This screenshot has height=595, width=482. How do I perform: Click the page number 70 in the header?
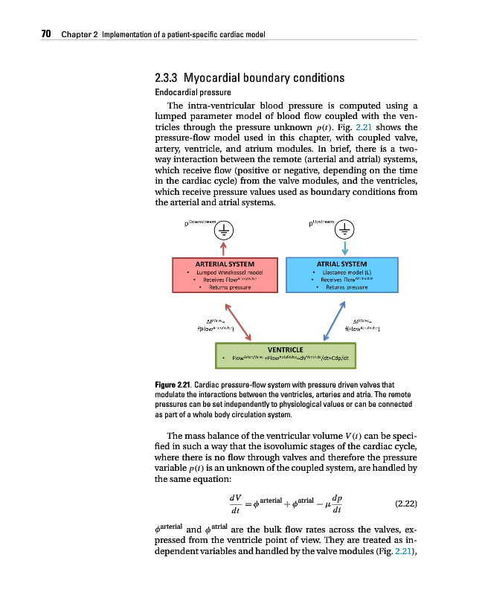tap(45, 34)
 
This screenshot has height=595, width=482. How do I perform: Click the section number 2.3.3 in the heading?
tap(167, 78)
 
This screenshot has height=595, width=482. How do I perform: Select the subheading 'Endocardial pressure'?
tap(189, 93)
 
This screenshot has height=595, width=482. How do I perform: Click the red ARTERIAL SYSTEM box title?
tap(225, 263)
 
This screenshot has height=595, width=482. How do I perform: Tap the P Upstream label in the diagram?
tap(321, 221)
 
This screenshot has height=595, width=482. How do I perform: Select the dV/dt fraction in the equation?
tap(236, 505)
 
